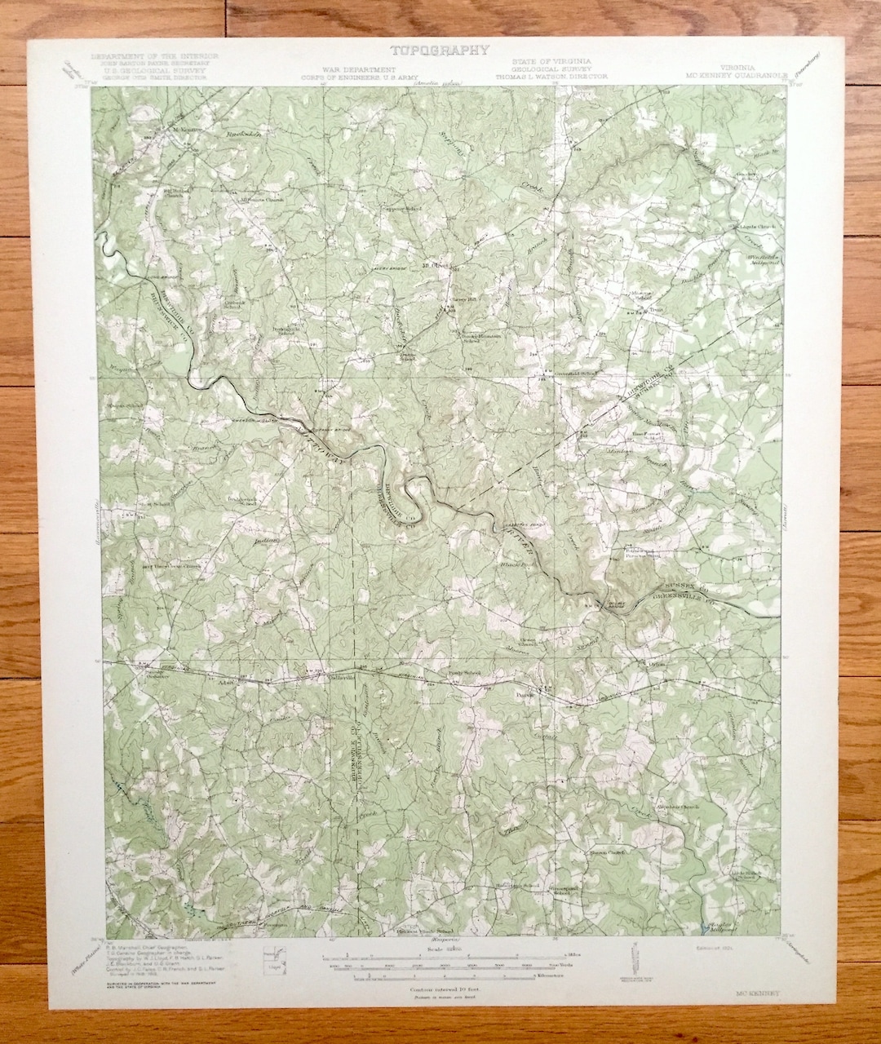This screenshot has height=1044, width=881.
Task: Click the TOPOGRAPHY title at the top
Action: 440,51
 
